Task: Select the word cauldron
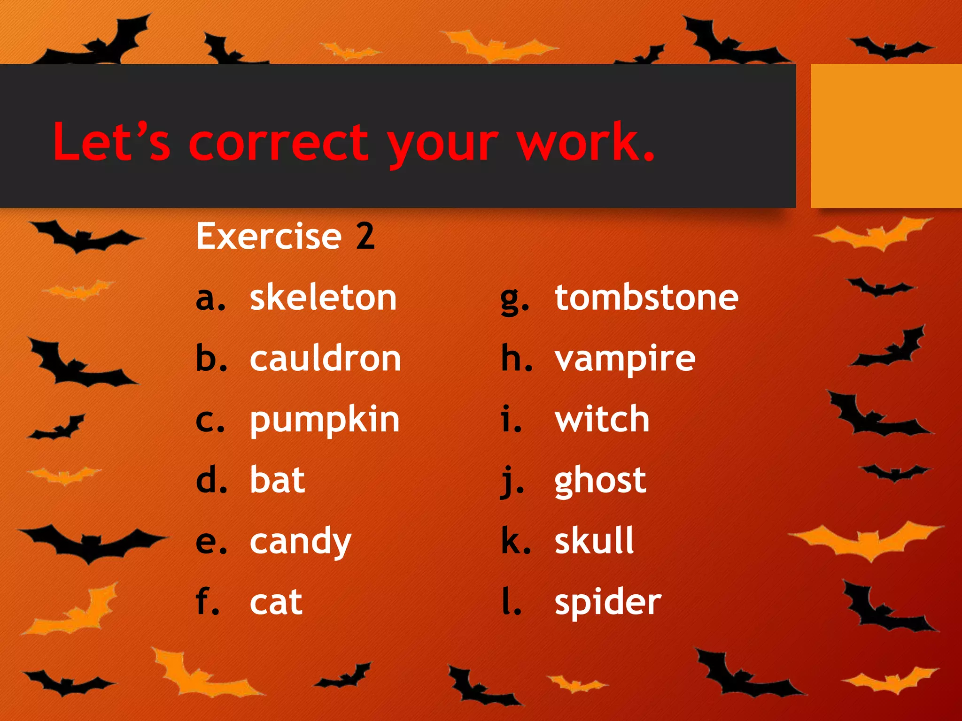[326, 359]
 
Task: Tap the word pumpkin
[325, 420]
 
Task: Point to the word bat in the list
[277, 480]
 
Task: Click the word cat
[276, 602]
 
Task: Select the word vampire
[625, 360]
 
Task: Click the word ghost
[600, 481]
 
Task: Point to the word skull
[594, 541]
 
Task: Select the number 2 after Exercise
[365, 236]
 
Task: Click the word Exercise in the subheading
[269, 236]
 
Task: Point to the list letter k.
[515, 541]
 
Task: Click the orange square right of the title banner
[886, 136]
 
